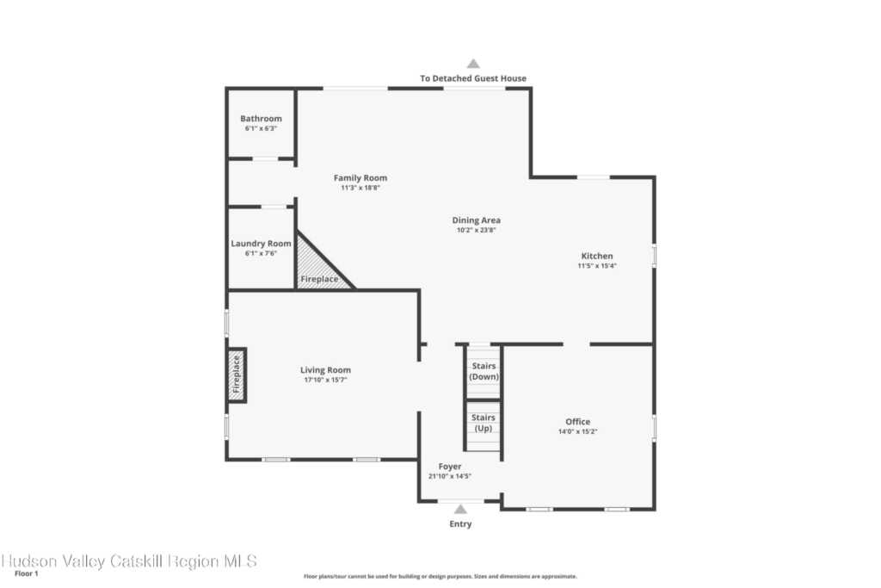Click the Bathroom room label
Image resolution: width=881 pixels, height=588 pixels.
pos(261,119)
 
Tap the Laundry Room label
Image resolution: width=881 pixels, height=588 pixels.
pos(261,244)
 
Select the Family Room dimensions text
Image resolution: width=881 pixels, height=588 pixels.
pos(360,188)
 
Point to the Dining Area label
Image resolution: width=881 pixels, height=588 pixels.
pos(476,220)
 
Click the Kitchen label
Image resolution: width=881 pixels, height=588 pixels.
pos(597,256)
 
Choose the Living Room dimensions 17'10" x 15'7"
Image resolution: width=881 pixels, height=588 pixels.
pos(325,380)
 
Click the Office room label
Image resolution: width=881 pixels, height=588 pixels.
pos(577,422)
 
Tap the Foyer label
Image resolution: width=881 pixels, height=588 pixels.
pos(449,467)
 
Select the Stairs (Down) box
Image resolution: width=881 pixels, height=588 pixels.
pos(484,372)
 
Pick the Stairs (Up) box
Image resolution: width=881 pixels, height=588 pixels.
pos(484,425)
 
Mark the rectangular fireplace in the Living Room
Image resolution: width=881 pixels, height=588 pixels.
pos(237,375)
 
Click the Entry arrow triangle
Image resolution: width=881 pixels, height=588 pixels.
pos(461,510)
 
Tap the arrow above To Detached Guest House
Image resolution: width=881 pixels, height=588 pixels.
pos(474,64)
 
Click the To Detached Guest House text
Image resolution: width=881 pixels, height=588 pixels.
pos(473,78)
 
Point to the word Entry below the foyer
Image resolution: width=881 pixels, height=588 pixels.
pos(460,524)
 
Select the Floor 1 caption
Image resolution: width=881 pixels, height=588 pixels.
pos(27,573)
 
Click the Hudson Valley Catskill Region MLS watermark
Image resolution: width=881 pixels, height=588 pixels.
pos(129,561)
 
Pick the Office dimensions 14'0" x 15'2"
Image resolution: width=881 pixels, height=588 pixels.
pos(577,431)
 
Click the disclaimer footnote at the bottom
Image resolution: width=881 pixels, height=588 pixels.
pos(440,576)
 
